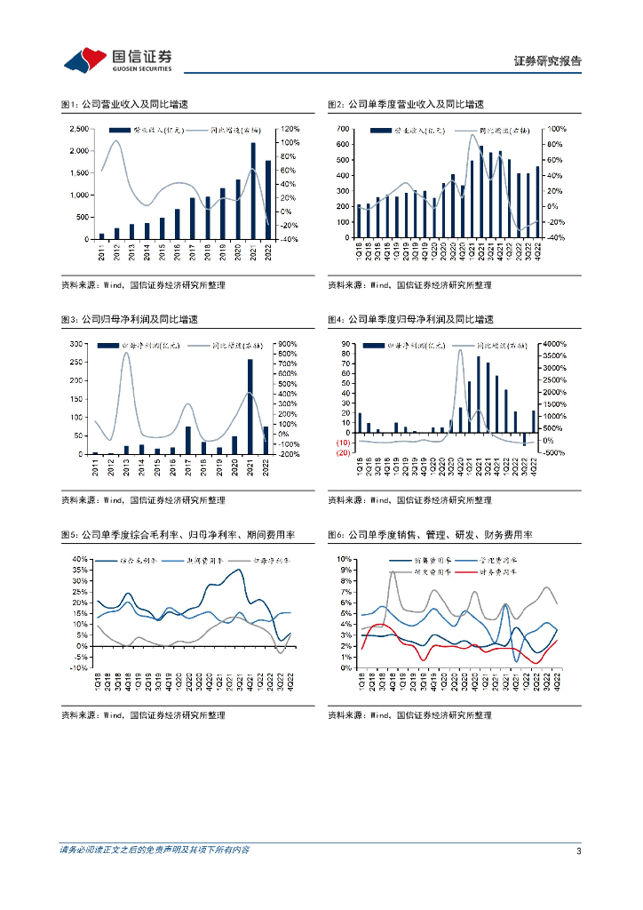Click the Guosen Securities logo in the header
[117, 60]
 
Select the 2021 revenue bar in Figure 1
[253, 191]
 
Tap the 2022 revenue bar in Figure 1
[268, 200]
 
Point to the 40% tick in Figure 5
[80, 559]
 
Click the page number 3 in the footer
[578, 851]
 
